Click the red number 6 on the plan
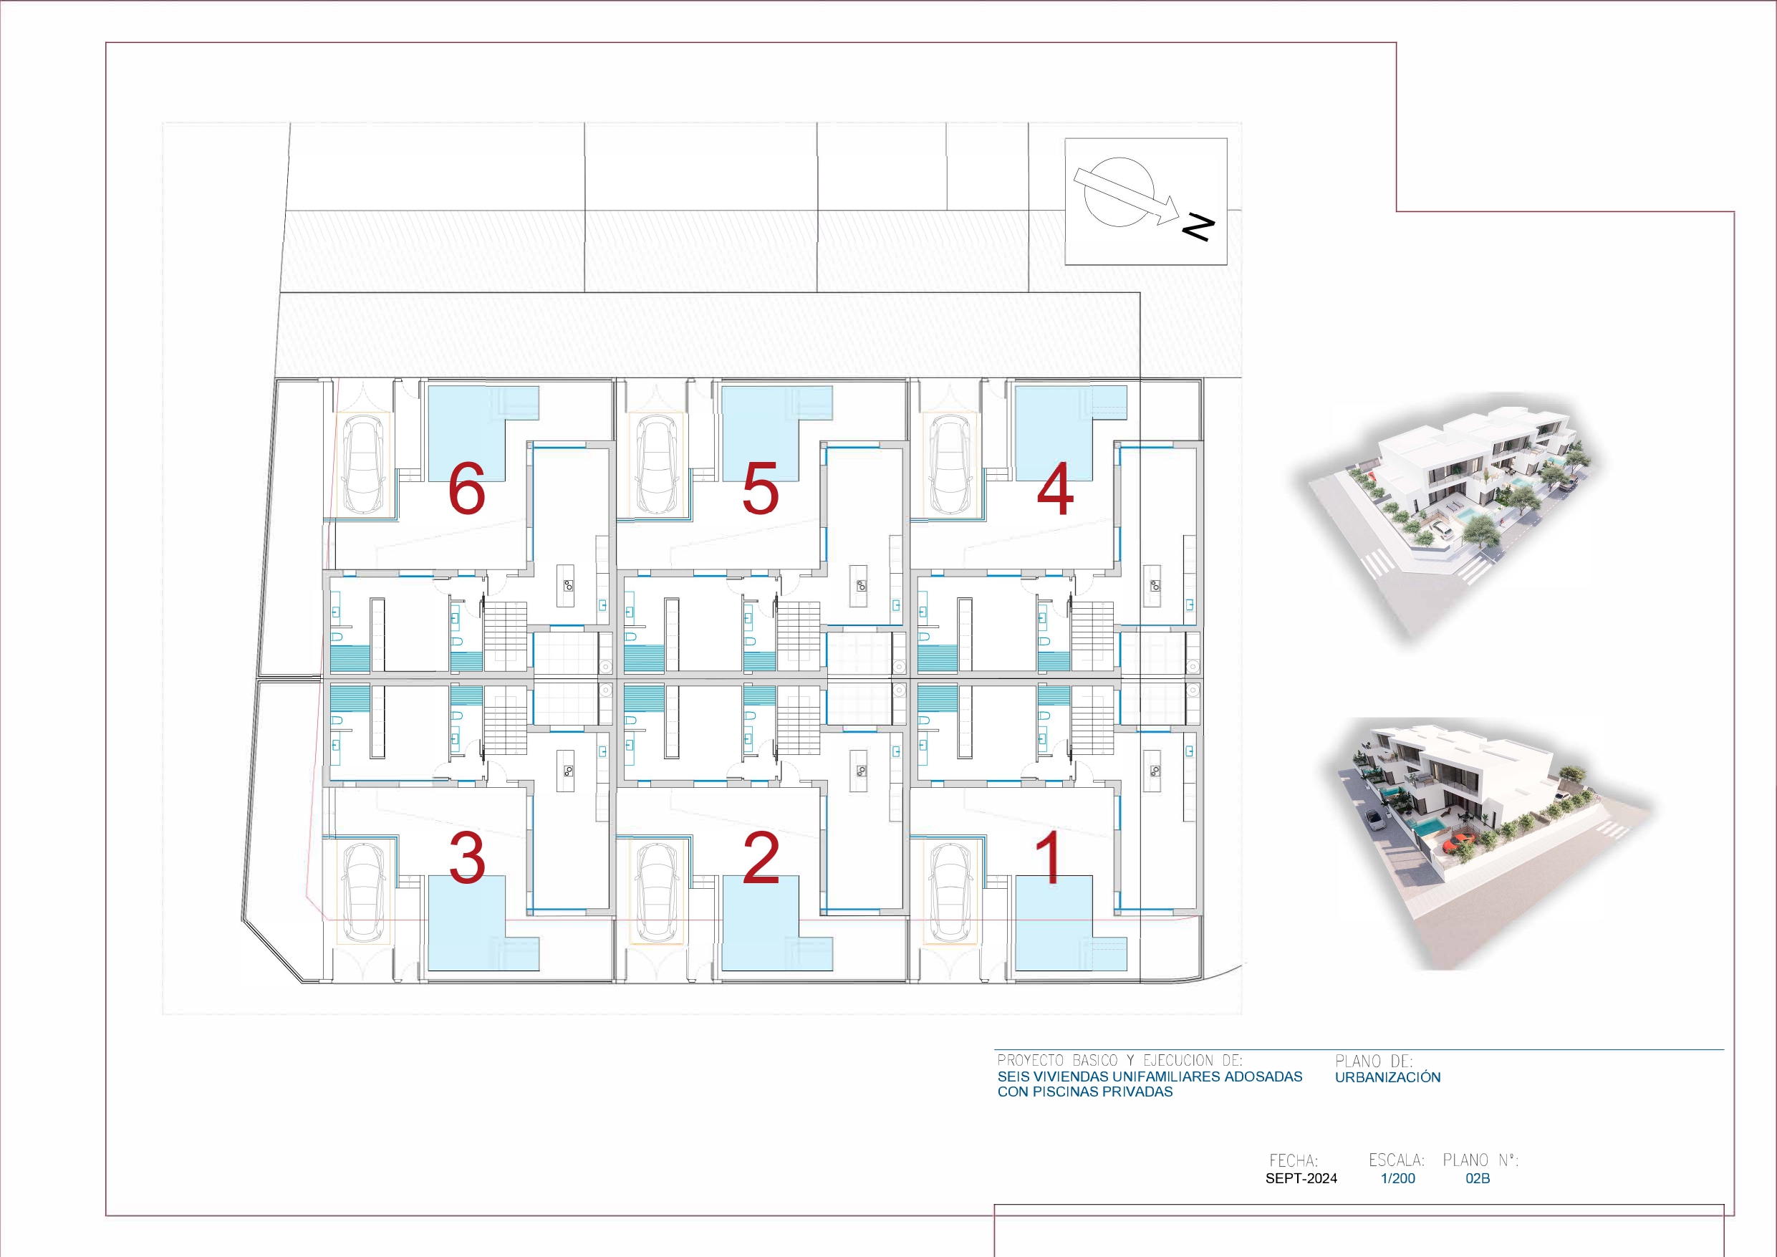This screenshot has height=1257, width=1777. point(467,489)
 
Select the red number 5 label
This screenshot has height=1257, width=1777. point(760,489)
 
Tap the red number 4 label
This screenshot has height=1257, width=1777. point(1055,489)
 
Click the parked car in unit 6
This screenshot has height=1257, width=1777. point(364,464)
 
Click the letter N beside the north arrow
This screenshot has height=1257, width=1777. point(1198,227)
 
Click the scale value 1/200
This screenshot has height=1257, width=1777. point(1398,1178)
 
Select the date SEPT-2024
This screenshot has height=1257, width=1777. point(1301,1178)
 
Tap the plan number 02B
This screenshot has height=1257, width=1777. point(1478,1178)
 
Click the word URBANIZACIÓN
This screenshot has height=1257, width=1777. point(1387,1077)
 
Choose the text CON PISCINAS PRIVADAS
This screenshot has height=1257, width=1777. point(1084,1092)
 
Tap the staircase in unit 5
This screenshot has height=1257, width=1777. point(799,636)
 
